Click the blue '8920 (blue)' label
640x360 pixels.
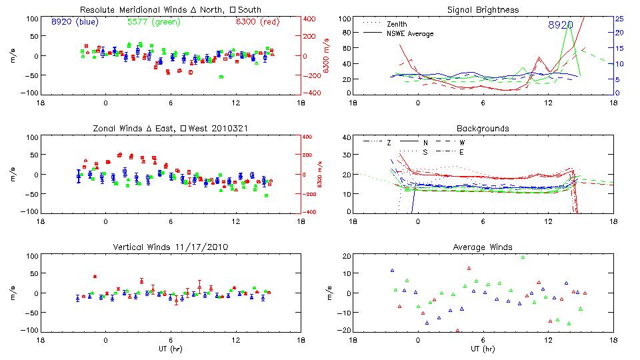click(x=75, y=21)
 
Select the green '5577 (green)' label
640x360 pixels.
click(x=154, y=21)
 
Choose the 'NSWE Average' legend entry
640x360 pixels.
click(x=410, y=33)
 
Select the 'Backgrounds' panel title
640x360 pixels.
click(x=483, y=128)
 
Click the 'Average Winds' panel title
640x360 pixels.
click(x=484, y=247)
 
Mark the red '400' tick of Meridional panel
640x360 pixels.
click(x=311, y=19)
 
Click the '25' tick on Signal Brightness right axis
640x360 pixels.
click(x=619, y=19)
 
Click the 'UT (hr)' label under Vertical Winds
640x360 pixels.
click(x=171, y=349)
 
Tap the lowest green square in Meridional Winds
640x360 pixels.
click(x=221, y=77)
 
